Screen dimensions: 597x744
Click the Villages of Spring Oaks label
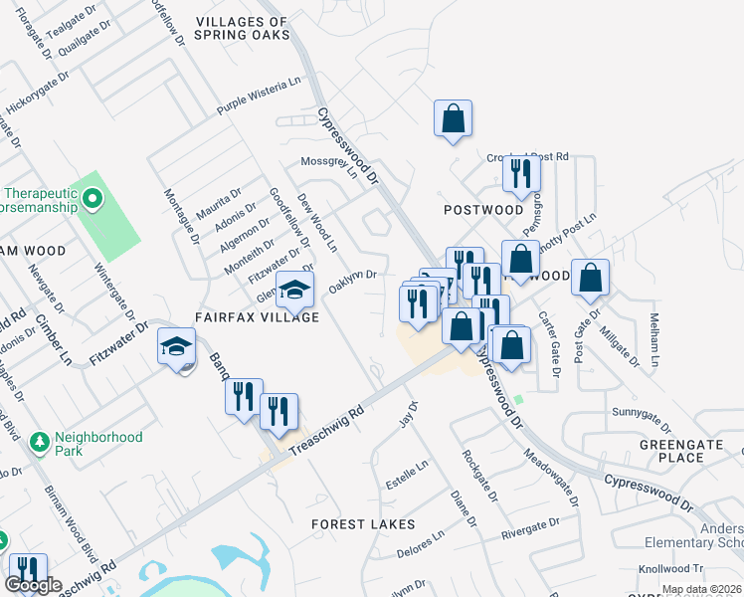tap(243, 28)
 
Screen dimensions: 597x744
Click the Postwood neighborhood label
tap(483, 210)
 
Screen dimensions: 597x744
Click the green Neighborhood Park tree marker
tap(40, 440)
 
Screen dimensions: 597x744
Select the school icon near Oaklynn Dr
tap(294, 291)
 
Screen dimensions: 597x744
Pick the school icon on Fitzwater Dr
tap(176, 347)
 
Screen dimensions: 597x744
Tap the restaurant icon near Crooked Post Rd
tap(521, 175)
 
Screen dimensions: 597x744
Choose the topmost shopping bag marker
tap(453, 117)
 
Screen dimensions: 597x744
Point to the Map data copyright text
tap(700, 589)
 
